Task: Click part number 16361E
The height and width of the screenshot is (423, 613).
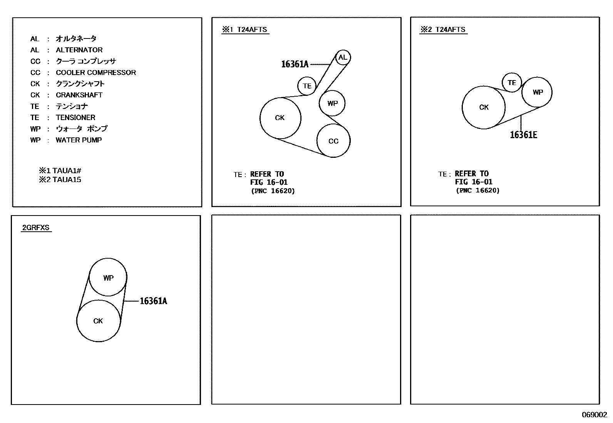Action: (x=524, y=135)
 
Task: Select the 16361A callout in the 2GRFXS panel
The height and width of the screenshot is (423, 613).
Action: (x=153, y=301)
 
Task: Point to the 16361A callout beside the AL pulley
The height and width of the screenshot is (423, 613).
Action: (x=295, y=64)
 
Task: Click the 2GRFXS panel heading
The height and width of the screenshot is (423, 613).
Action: (x=36, y=227)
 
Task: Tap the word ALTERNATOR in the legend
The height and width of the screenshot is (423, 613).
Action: (x=79, y=50)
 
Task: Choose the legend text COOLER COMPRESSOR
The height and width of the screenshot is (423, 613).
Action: (x=96, y=72)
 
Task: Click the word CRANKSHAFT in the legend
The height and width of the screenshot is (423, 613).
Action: (x=79, y=95)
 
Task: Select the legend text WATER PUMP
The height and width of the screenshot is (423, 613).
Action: (x=79, y=140)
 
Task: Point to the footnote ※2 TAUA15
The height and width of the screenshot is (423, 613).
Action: (x=60, y=180)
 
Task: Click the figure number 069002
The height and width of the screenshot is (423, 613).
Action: (x=595, y=415)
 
